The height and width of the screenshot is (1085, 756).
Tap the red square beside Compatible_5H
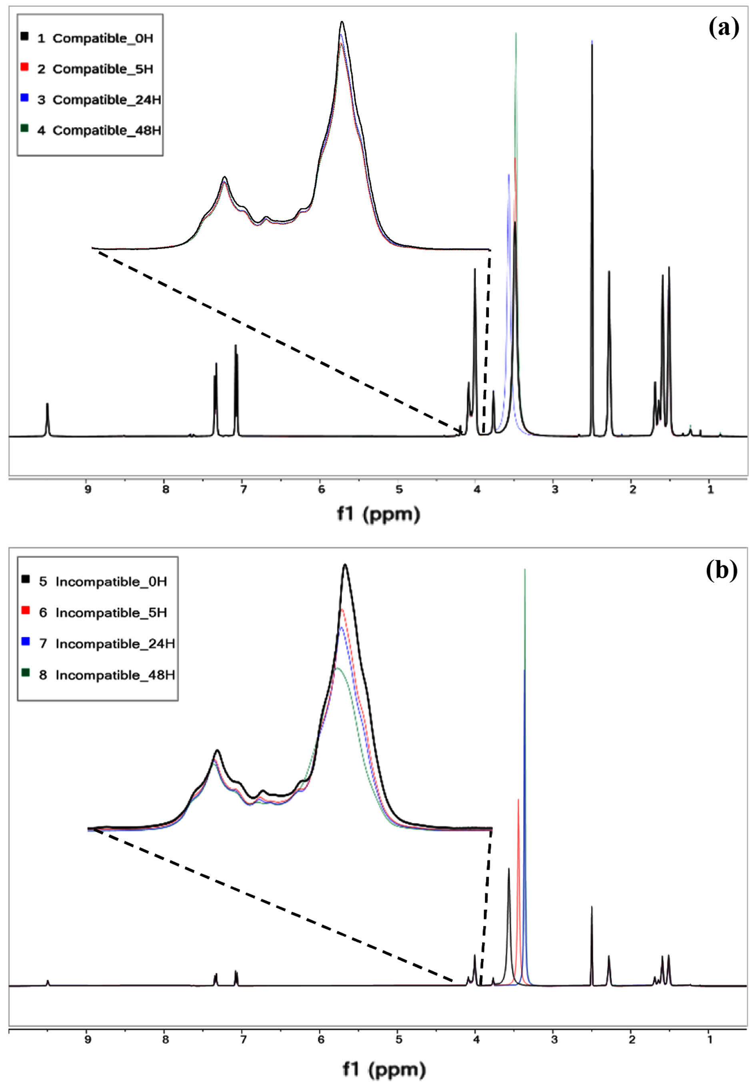coord(24,67)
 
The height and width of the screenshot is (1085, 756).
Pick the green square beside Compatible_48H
coord(24,128)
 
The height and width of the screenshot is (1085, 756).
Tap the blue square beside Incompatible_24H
coord(26,641)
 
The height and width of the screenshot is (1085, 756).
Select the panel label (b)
coord(722,571)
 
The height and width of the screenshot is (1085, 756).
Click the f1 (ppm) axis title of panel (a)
coord(378,514)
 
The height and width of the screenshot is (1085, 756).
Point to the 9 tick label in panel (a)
coord(88,490)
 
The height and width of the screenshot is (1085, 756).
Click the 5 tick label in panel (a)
coord(399,490)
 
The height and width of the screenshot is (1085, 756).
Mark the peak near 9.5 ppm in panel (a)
coord(47,404)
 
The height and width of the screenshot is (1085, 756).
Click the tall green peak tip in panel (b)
coord(525,570)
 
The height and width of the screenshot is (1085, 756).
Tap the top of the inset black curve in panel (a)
coord(342,22)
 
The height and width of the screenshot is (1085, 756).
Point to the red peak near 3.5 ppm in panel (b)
coord(518,800)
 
